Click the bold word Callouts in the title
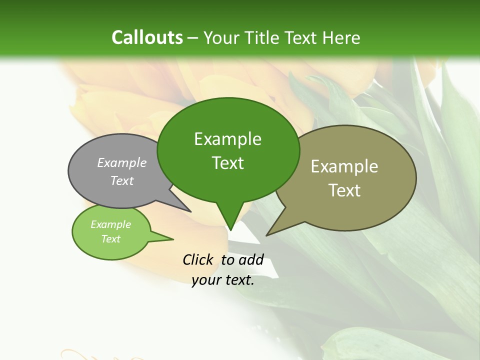pyautogui.click(x=147, y=37)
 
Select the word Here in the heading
pyautogui.click(x=342, y=37)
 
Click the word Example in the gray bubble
pyautogui.click(x=122, y=162)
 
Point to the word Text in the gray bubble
pyautogui.click(x=122, y=180)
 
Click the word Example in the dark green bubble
pyautogui.click(x=227, y=139)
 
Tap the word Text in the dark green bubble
pyautogui.click(x=227, y=163)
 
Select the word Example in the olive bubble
pyautogui.click(x=344, y=166)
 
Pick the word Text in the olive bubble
pyautogui.click(x=344, y=190)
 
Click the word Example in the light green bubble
pyautogui.click(x=110, y=224)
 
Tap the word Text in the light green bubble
pyautogui.click(x=110, y=239)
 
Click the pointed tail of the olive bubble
pyautogui.click(x=268, y=234)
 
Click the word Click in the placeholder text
pyautogui.click(x=198, y=259)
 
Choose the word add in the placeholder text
pyautogui.click(x=251, y=259)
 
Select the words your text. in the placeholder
pyautogui.click(x=223, y=280)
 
